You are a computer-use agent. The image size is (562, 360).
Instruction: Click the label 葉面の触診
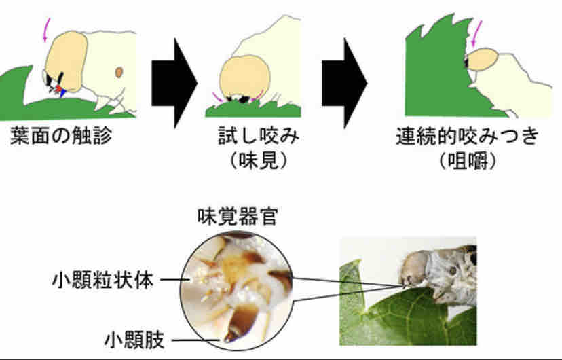pos(62,138)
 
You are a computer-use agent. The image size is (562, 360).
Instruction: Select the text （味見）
pos(255,163)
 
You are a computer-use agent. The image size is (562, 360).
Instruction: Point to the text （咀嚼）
pos(468,163)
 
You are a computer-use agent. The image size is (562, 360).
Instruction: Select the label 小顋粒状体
pos(102,280)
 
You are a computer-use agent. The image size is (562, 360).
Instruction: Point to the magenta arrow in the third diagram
pos(477,31)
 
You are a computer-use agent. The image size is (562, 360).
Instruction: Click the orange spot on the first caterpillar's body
pos(119,71)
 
